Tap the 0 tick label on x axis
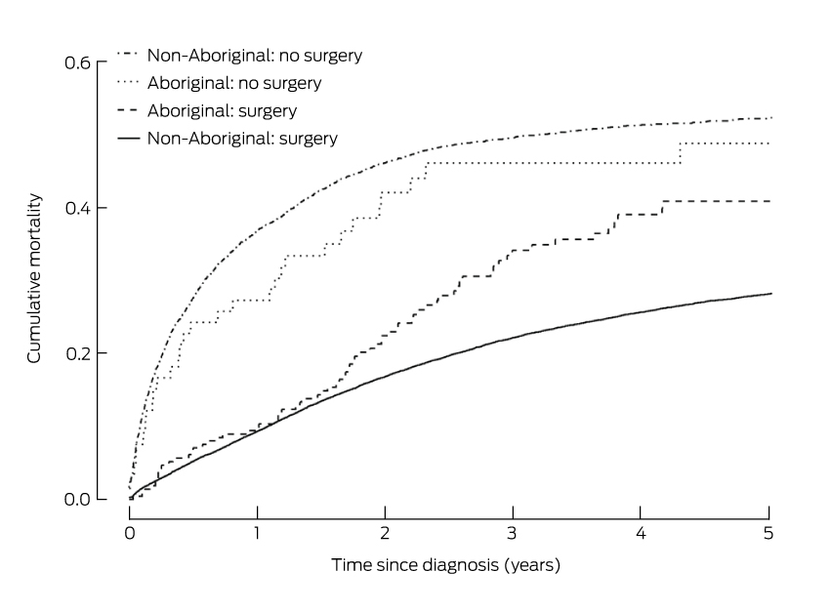pyautogui.click(x=130, y=532)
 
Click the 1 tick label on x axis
pyautogui.click(x=258, y=532)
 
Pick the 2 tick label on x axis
pyautogui.click(x=386, y=532)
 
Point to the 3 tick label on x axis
pyautogui.click(x=514, y=532)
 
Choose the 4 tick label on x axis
pyautogui.click(x=642, y=532)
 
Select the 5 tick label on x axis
pyautogui.click(x=769, y=532)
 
